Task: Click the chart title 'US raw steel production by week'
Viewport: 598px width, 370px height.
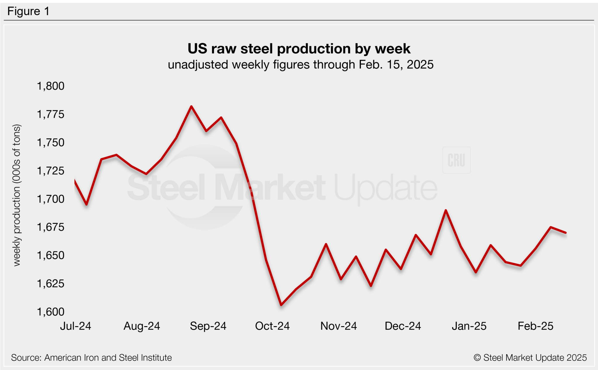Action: [x=299, y=49]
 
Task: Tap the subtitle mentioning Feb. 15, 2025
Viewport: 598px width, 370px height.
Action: [x=300, y=65]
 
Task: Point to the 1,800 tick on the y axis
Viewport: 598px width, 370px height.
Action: [x=51, y=86]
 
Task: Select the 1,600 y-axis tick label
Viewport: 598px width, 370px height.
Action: [x=51, y=312]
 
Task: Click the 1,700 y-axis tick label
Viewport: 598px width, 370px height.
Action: [x=51, y=199]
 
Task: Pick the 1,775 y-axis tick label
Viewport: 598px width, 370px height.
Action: [x=51, y=114]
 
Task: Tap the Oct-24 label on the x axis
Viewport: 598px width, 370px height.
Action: [x=272, y=326]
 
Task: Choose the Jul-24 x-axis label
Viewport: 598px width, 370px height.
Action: [x=76, y=326]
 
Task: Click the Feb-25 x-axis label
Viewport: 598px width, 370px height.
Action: [x=535, y=326]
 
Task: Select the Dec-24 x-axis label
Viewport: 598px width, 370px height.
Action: [x=403, y=326]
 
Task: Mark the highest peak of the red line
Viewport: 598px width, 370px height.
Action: [x=191, y=106]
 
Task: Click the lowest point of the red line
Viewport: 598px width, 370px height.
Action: [x=281, y=305]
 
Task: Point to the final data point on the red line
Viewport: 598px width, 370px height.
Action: [x=566, y=233]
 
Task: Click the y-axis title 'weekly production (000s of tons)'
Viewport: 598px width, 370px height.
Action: [x=17, y=195]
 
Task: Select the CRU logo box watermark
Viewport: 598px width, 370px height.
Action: [x=456, y=160]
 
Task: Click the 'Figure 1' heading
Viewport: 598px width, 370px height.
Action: [x=28, y=11]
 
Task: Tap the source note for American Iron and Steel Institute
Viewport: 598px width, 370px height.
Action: [x=91, y=358]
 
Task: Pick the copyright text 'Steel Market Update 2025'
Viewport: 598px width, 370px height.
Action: [x=530, y=358]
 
